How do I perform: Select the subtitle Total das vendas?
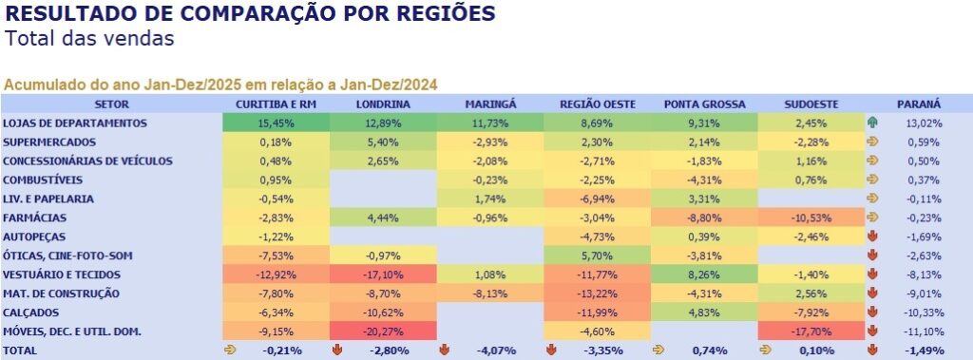click(x=89, y=39)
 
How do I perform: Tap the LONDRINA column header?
click(x=383, y=104)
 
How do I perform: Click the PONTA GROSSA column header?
click(x=704, y=104)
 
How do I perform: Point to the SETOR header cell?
click(x=112, y=104)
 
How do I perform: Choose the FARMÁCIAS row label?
click(x=35, y=218)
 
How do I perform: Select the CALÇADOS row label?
click(x=32, y=313)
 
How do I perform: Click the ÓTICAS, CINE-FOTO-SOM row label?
click(x=67, y=256)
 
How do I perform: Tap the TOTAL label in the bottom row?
click(x=20, y=351)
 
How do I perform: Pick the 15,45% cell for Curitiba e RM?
click(x=277, y=123)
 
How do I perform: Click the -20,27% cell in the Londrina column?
click(x=383, y=332)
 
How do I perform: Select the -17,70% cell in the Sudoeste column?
click(x=811, y=332)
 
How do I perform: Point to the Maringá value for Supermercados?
click(x=490, y=142)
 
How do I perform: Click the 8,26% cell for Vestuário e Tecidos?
click(x=704, y=275)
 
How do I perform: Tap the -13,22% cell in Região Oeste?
click(x=597, y=294)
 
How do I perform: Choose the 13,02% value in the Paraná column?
click(x=924, y=123)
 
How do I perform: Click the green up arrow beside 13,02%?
click(x=873, y=123)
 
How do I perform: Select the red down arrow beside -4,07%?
click(x=445, y=351)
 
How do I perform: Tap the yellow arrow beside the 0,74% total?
click(x=658, y=351)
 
